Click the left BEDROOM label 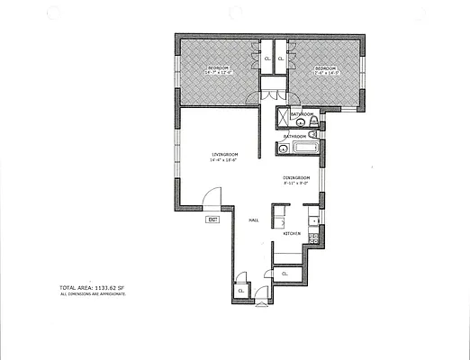[x=219, y=68]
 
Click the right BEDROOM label [x=324, y=68]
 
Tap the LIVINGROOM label [x=224, y=155]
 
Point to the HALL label [x=254, y=219]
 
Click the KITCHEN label [x=292, y=234]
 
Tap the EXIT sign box [x=212, y=220]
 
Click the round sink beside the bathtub [x=283, y=149]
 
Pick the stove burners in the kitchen [x=312, y=238]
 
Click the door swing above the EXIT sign [x=211, y=200]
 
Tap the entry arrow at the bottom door [x=260, y=304]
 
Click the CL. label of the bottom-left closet [x=241, y=290]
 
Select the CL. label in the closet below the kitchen [x=285, y=273]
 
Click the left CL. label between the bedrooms [x=267, y=59]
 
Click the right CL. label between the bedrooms [x=281, y=59]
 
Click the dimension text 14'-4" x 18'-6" [x=224, y=162]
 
